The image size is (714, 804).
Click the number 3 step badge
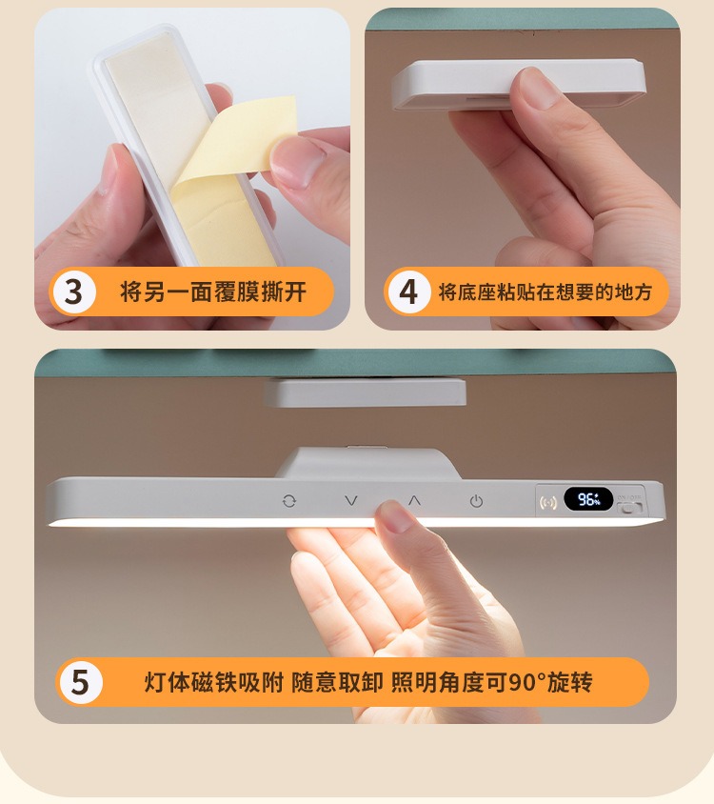coord(74,291)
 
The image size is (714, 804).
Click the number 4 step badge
coord(408,291)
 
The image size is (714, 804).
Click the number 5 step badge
coord(81,682)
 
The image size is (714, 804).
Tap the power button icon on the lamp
coord(476,501)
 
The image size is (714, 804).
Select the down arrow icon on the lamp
coord(351,500)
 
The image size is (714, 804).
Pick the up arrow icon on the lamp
coord(414,500)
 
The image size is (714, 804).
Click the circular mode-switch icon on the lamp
coord(289,501)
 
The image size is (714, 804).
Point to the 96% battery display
coord(588,499)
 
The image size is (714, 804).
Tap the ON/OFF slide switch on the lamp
coord(629,508)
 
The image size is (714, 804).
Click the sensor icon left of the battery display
coord(548,501)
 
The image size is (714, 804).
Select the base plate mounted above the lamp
coord(366,392)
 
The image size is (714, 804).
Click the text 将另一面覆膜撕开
coord(213,291)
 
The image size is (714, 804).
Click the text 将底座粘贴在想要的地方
coord(545,291)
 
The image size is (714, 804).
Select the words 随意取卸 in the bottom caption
coord(337,682)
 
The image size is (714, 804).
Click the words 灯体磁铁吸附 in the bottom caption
coord(214,682)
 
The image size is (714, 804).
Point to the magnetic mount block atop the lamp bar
coord(367,463)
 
